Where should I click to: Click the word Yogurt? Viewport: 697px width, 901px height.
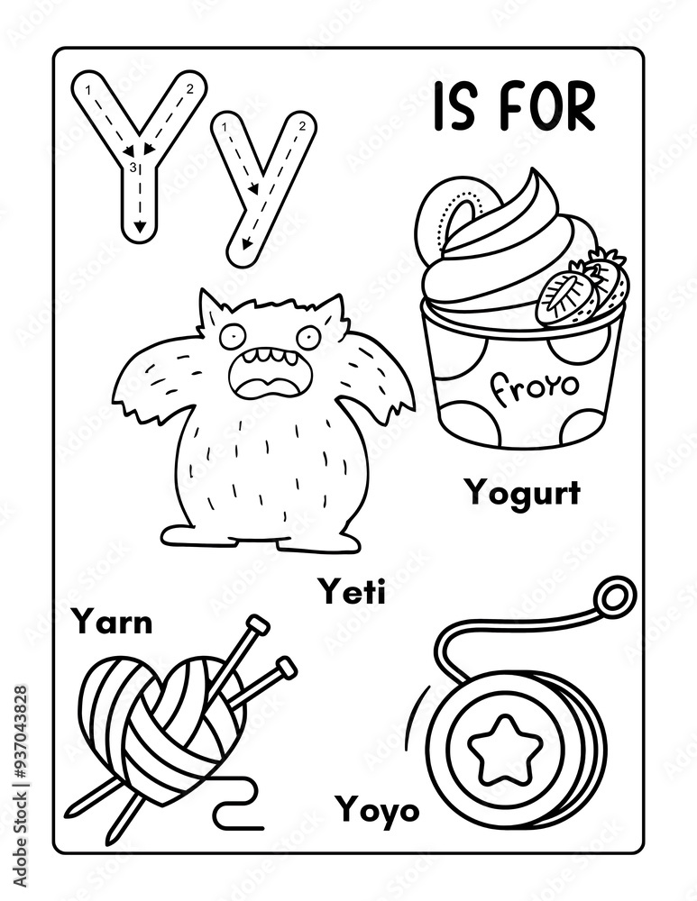coord(523,494)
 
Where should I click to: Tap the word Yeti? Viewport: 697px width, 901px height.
coord(352,592)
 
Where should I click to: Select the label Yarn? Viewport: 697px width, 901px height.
coord(112,622)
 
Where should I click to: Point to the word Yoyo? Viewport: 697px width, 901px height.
coord(378,810)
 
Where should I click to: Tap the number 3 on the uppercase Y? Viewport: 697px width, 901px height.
coord(133,168)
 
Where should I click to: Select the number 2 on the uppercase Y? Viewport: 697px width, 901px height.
coord(189,89)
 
